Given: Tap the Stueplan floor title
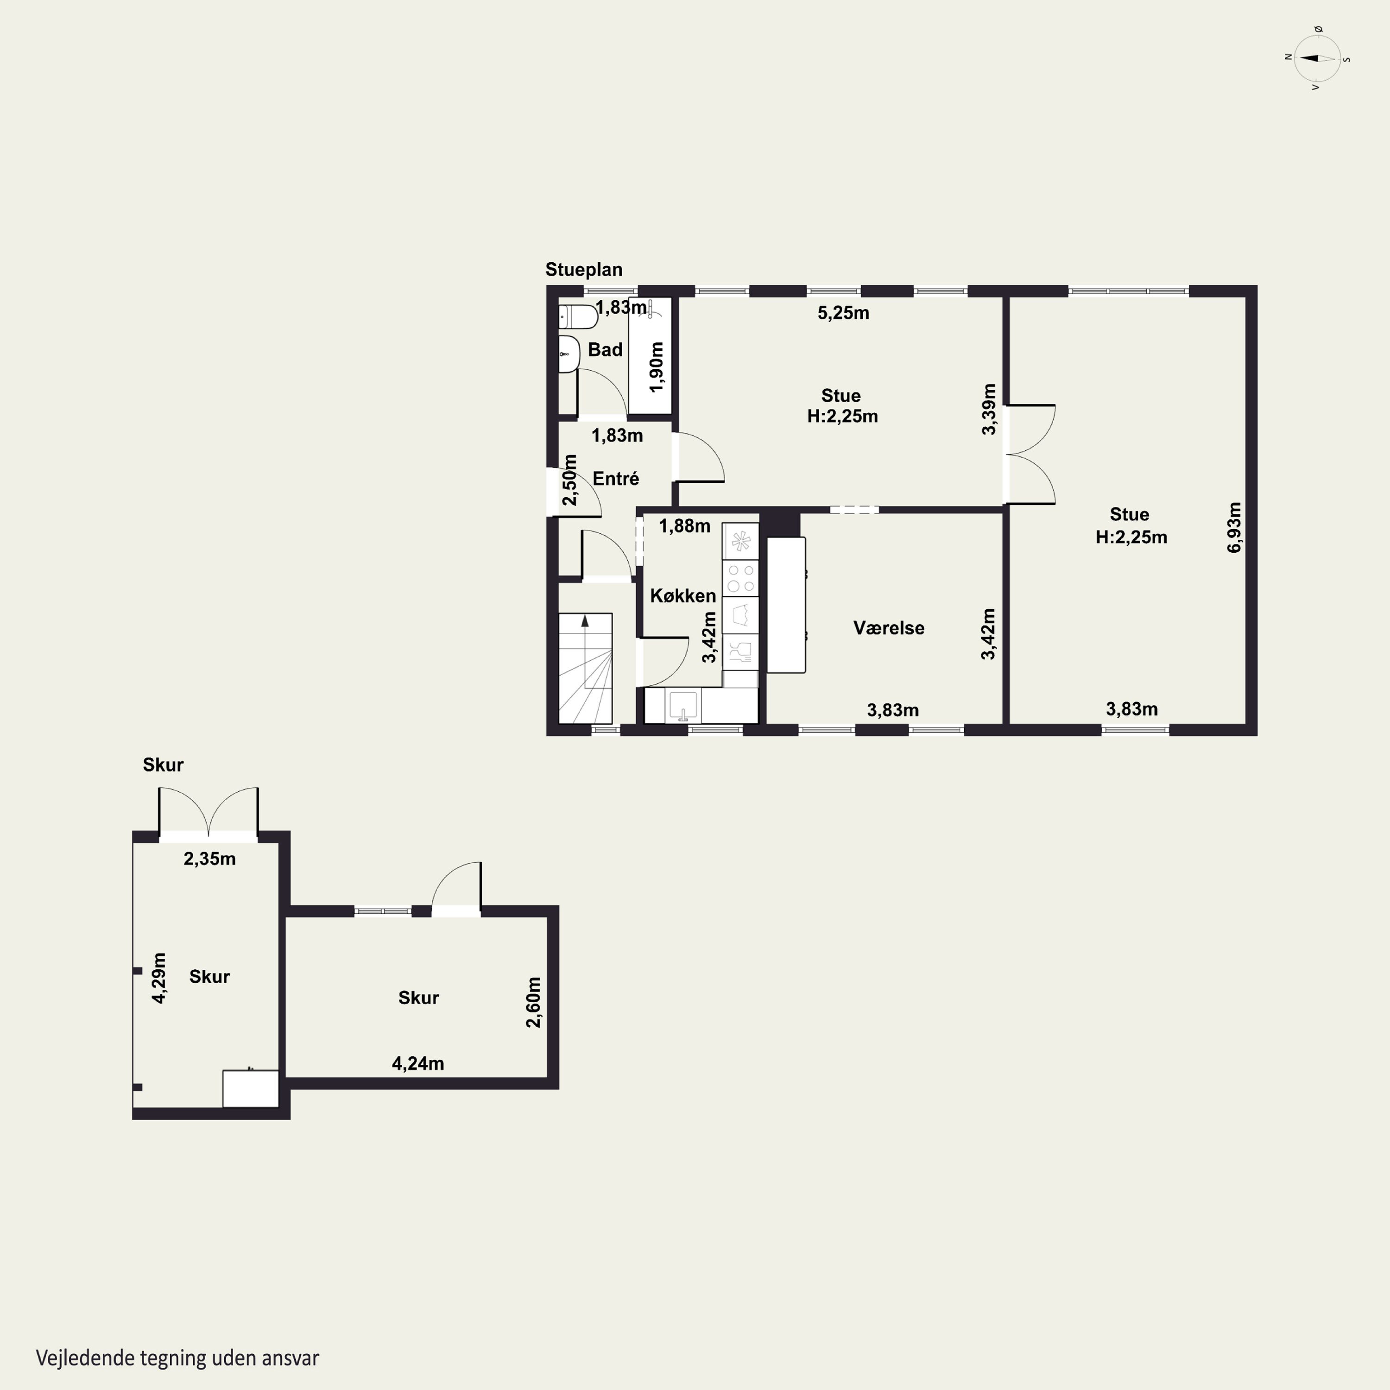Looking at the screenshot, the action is pos(583,270).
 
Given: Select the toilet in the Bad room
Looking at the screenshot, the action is pos(578,316).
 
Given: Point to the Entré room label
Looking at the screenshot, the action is pos(616,479).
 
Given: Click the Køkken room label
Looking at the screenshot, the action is pos(683,596).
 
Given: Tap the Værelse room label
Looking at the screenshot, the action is pos(889,628).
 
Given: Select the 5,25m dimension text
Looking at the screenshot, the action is pos(843,313).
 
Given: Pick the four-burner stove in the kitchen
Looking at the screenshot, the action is pos(740,578).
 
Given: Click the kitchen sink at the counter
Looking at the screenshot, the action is pos(683,705).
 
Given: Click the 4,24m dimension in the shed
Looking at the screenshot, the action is pos(417,1063).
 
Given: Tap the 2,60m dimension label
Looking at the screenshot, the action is pos(533,1002).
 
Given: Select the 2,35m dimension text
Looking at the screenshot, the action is pos(209,858).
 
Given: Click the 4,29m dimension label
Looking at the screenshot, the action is pos(159,978).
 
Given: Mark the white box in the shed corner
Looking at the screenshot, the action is pos(250,1088).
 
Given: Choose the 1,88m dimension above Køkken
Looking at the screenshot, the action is pos(684,526).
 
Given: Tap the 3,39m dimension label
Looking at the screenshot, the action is pos(989,410).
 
